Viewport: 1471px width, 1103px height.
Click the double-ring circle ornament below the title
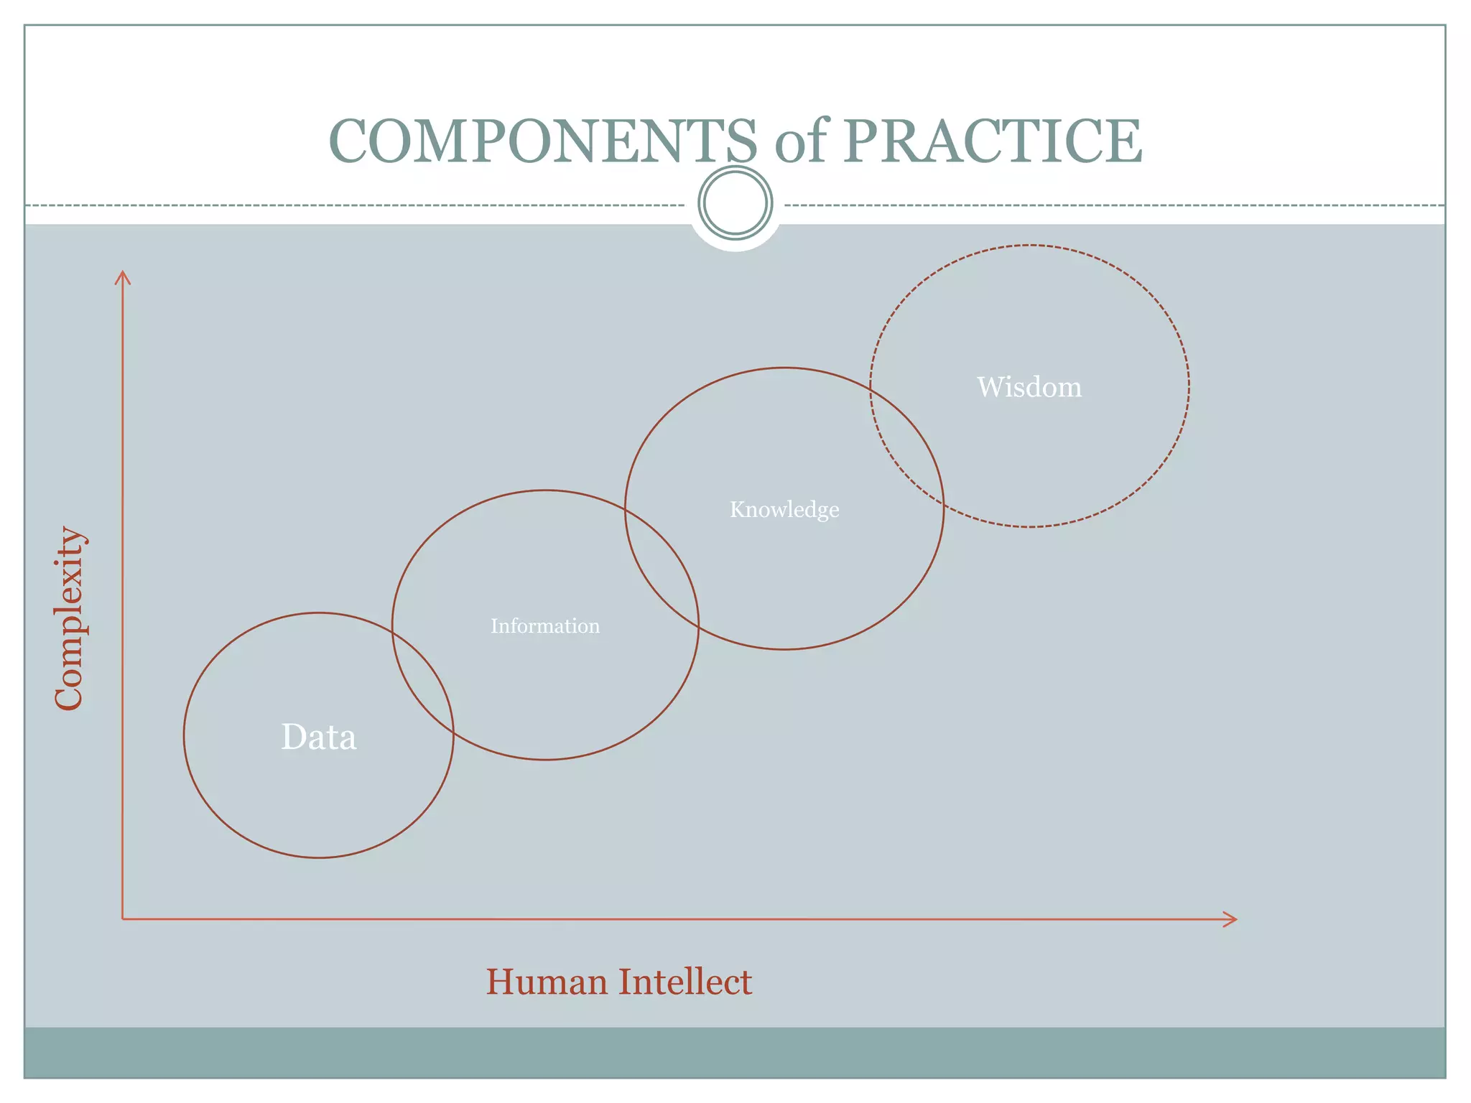735,203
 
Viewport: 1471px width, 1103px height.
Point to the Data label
318,737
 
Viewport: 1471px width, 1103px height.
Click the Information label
545,626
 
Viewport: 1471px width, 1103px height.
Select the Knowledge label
784,510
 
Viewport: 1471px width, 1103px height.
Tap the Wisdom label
1029,387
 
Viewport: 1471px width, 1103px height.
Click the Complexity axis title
70,619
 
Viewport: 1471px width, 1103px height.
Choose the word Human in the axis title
546,982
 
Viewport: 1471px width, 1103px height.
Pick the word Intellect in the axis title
685,982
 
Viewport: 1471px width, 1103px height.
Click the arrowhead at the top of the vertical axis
124,276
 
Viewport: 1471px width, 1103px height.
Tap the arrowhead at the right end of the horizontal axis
1231,919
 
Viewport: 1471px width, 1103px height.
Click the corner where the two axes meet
123,918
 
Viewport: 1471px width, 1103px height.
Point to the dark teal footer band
735,1052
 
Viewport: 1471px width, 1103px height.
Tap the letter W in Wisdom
991,387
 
